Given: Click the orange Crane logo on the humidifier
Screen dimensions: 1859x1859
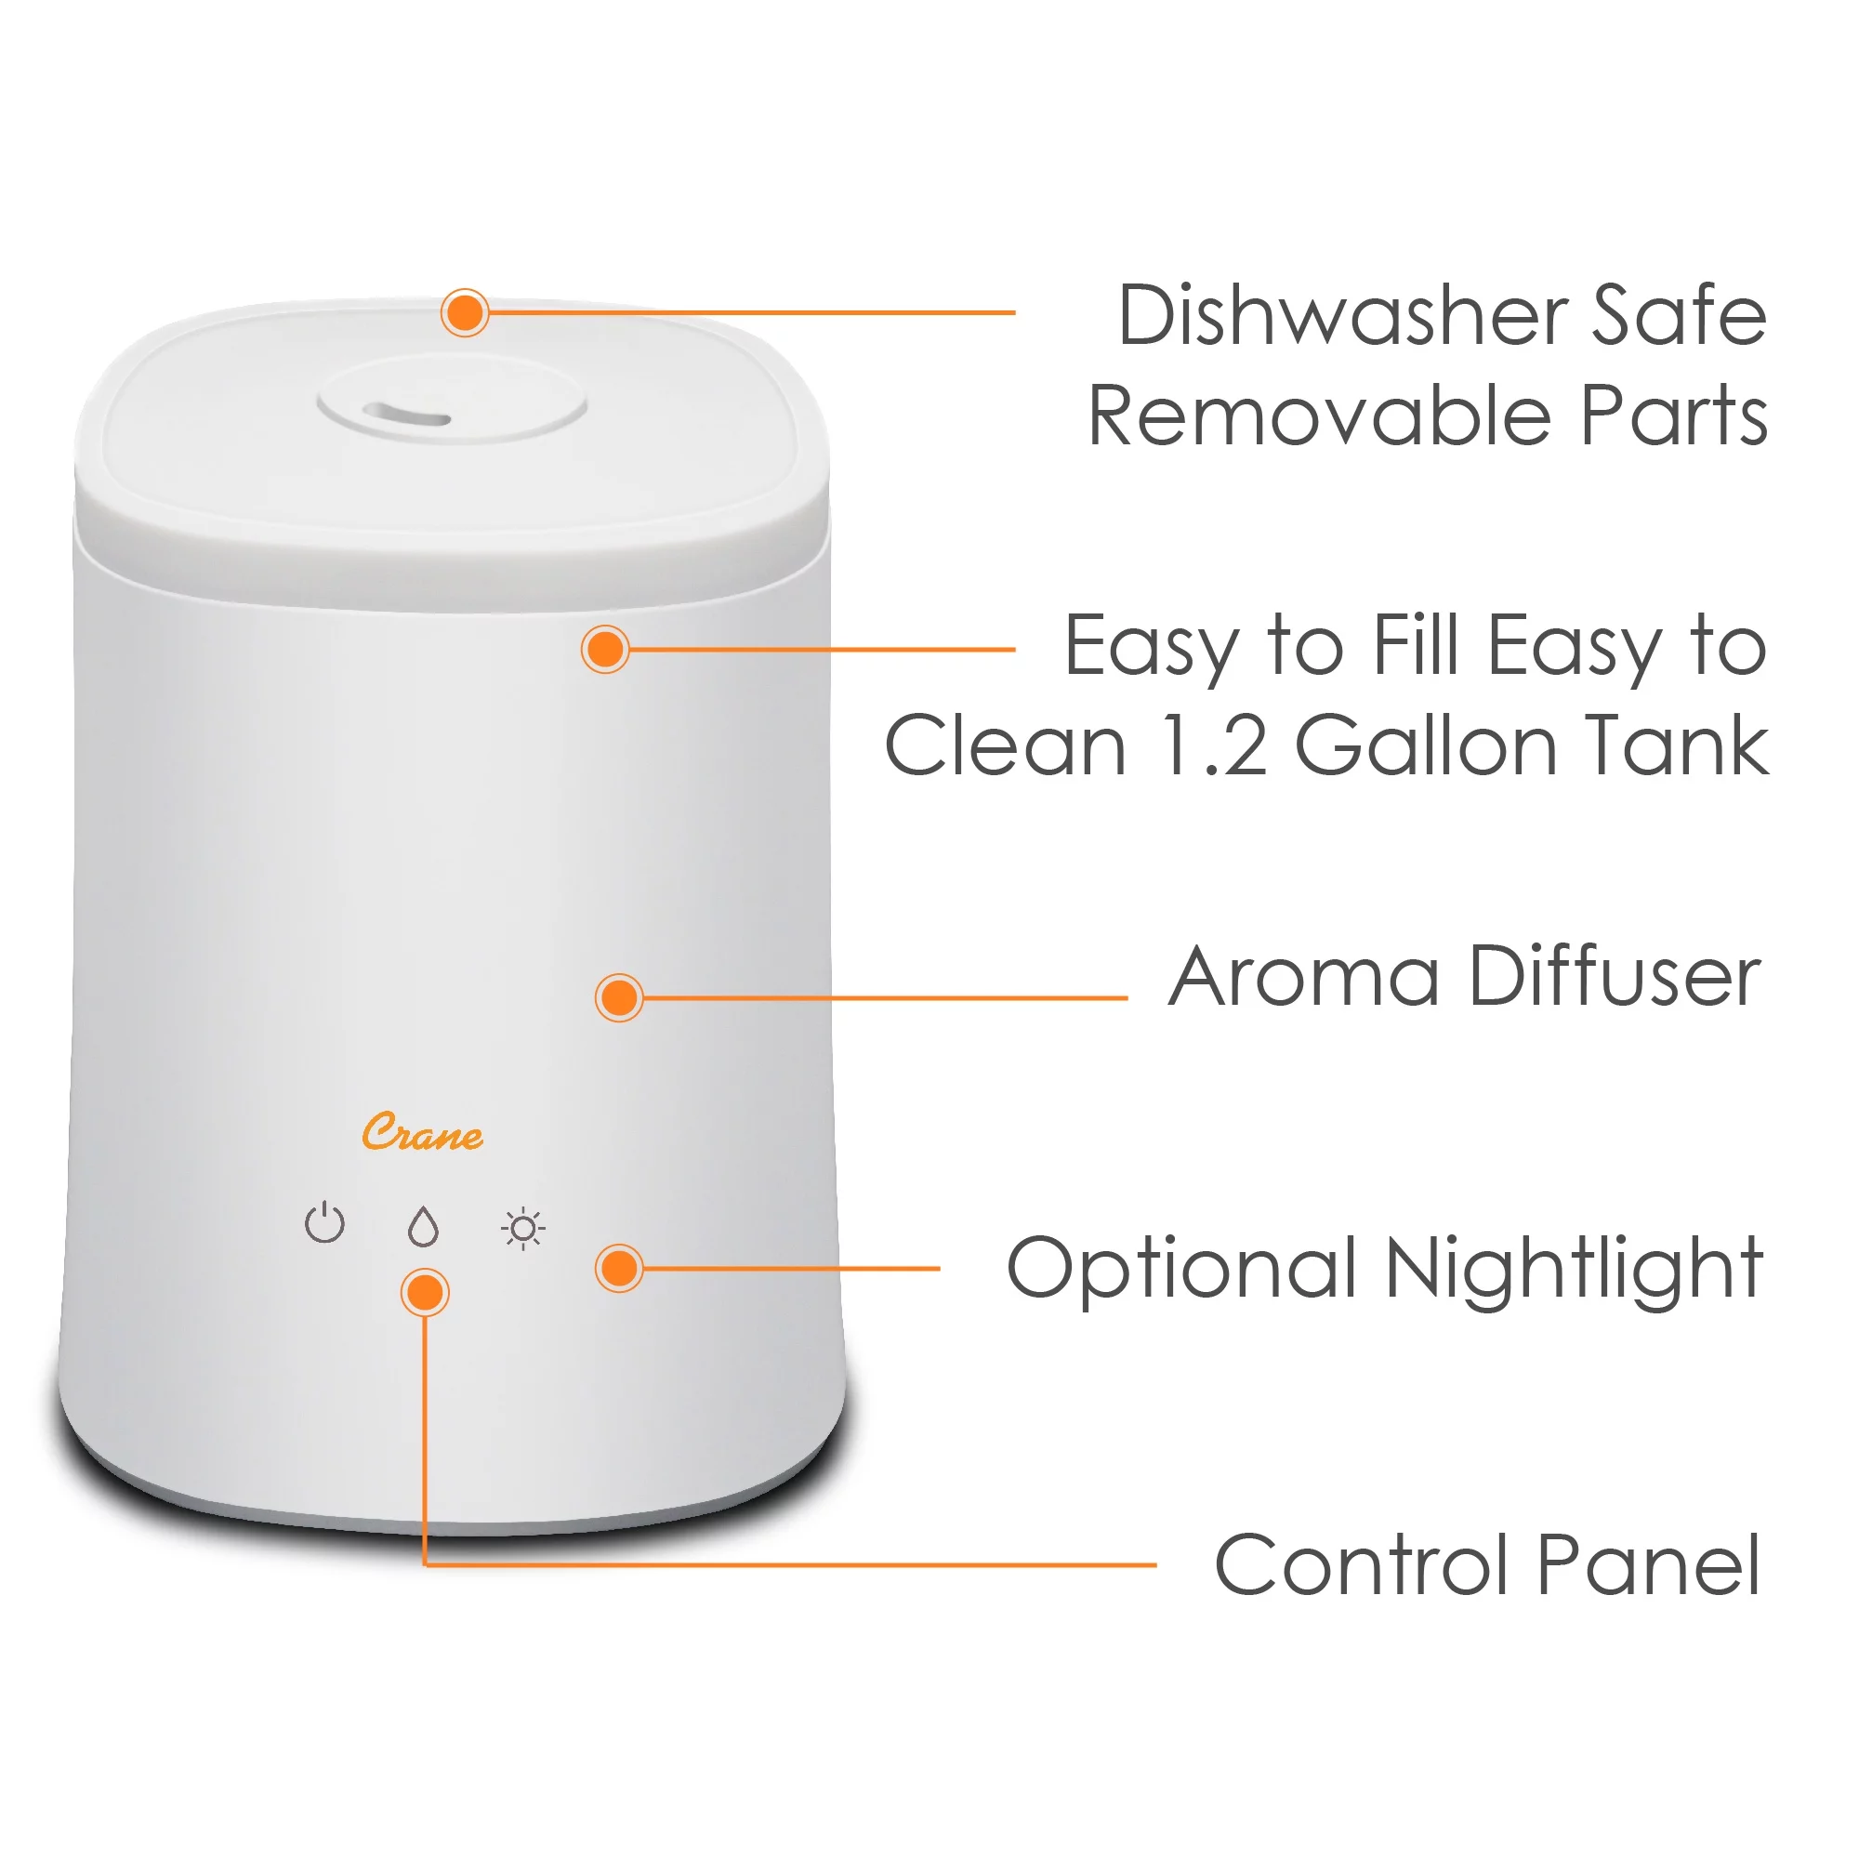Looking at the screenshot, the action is click(423, 1133).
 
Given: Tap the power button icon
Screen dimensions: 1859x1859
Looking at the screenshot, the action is click(325, 1223).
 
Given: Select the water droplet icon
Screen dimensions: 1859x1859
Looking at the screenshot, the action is click(423, 1227).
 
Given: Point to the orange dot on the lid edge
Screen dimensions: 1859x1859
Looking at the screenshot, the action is click(466, 312).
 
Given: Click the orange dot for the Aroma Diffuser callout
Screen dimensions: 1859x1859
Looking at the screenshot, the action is click(620, 997).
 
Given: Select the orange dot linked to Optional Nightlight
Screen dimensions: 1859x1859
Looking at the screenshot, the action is click(620, 1268).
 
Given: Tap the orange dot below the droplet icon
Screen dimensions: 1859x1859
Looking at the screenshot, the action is click(425, 1293).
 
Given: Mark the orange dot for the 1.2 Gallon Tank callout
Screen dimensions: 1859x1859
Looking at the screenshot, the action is click(606, 650).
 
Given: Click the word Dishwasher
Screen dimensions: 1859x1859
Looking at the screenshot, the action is click(1343, 316).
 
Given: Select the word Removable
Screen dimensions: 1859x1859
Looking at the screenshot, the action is click(1319, 415).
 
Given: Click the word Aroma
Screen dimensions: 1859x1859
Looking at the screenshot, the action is click(1304, 978).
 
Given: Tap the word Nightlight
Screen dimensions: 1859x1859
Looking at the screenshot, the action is click(1575, 1271).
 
